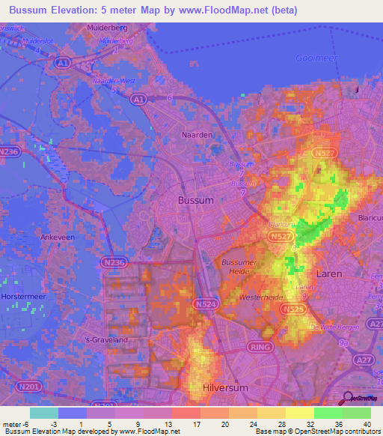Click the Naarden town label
(197, 135)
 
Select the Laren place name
(329, 274)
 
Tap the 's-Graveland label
(106, 339)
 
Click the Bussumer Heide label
(240, 267)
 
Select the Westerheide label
(260, 297)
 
